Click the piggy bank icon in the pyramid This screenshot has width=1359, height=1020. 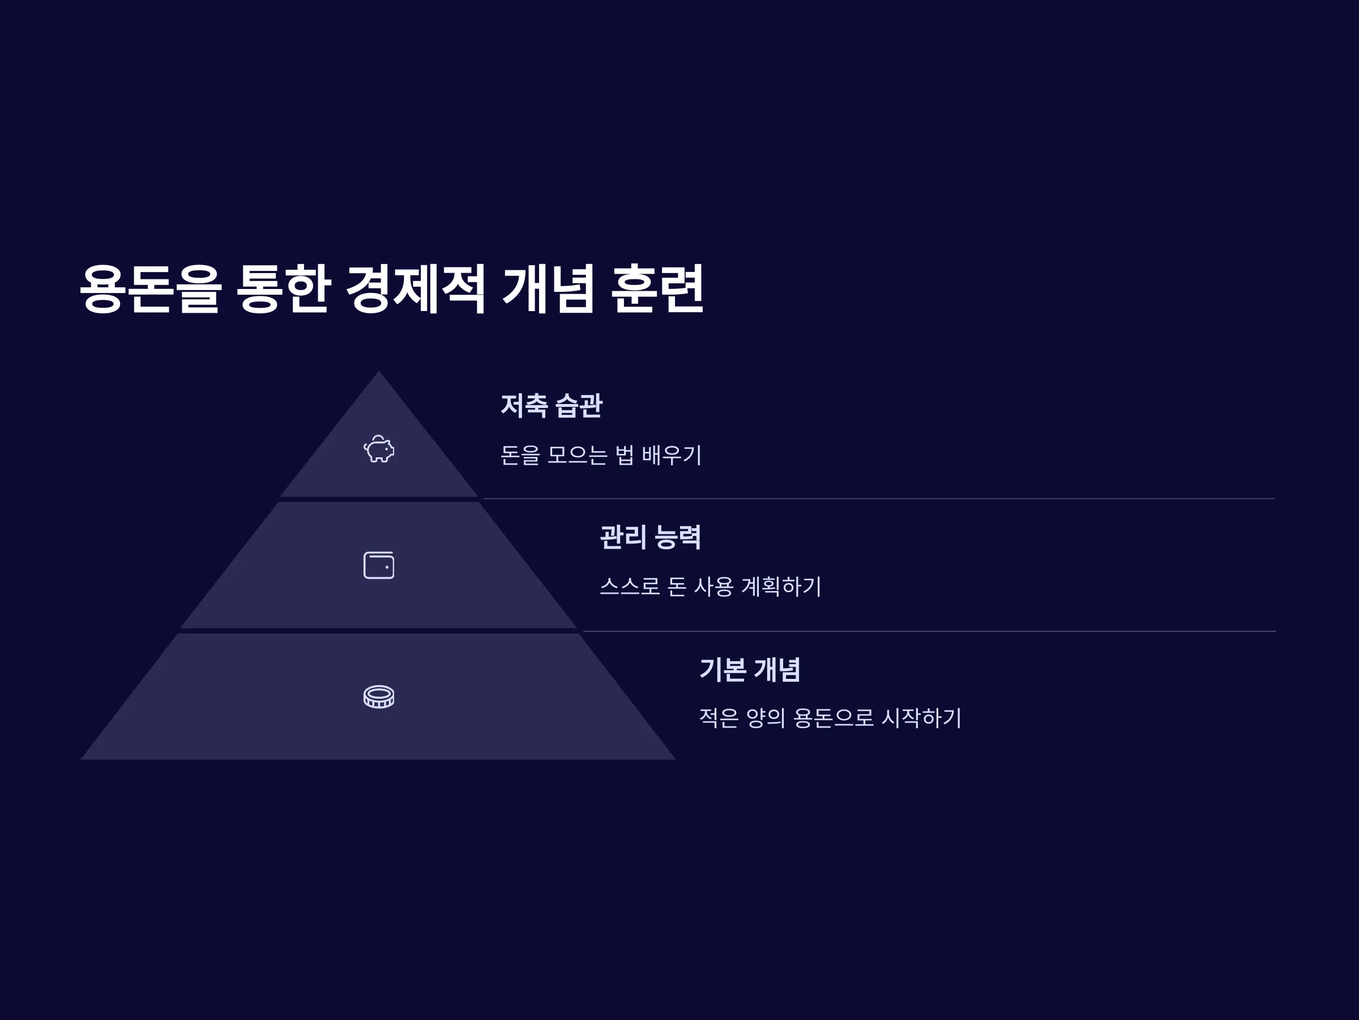pyautogui.click(x=378, y=449)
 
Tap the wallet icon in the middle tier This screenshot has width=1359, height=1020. pyautogui.click(x=378, y=565)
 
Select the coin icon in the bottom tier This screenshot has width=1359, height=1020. pyautogui.click(x=378, y=696)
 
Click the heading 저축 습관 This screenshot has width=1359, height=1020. pyautogui.click(x=552, y=406)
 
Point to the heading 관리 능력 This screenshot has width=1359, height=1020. pyautogui.click(x=650, y=537)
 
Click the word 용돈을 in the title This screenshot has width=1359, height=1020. pyautogui.click(x=150, y=289)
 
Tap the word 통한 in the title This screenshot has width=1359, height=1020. pyautogui.click(x=283, y=289)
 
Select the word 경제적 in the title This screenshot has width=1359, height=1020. pyautogui.click(x=416, y=289)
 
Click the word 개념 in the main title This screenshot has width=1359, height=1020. pyautogui.click(x=548, y=289)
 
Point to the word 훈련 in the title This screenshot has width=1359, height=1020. pyautogui.click(x=657, y=289)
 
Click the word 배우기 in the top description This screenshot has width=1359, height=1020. pyautogui.click(x=672, y=455)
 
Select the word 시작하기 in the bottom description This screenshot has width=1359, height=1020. pyautogui.click(x=921, y=717)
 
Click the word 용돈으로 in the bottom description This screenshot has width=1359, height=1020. pyautogui.click(x=833, y=717)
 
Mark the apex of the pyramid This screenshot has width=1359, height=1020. pyautogui.click(x=378, y=371)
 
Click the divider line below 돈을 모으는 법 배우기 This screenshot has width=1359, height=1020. pyautogui.click(x=879, y=499)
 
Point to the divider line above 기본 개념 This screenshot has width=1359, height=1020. pyautogui.click(x=929, y=631)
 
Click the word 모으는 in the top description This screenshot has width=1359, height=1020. pyautogui.click(x=577, y=455)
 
